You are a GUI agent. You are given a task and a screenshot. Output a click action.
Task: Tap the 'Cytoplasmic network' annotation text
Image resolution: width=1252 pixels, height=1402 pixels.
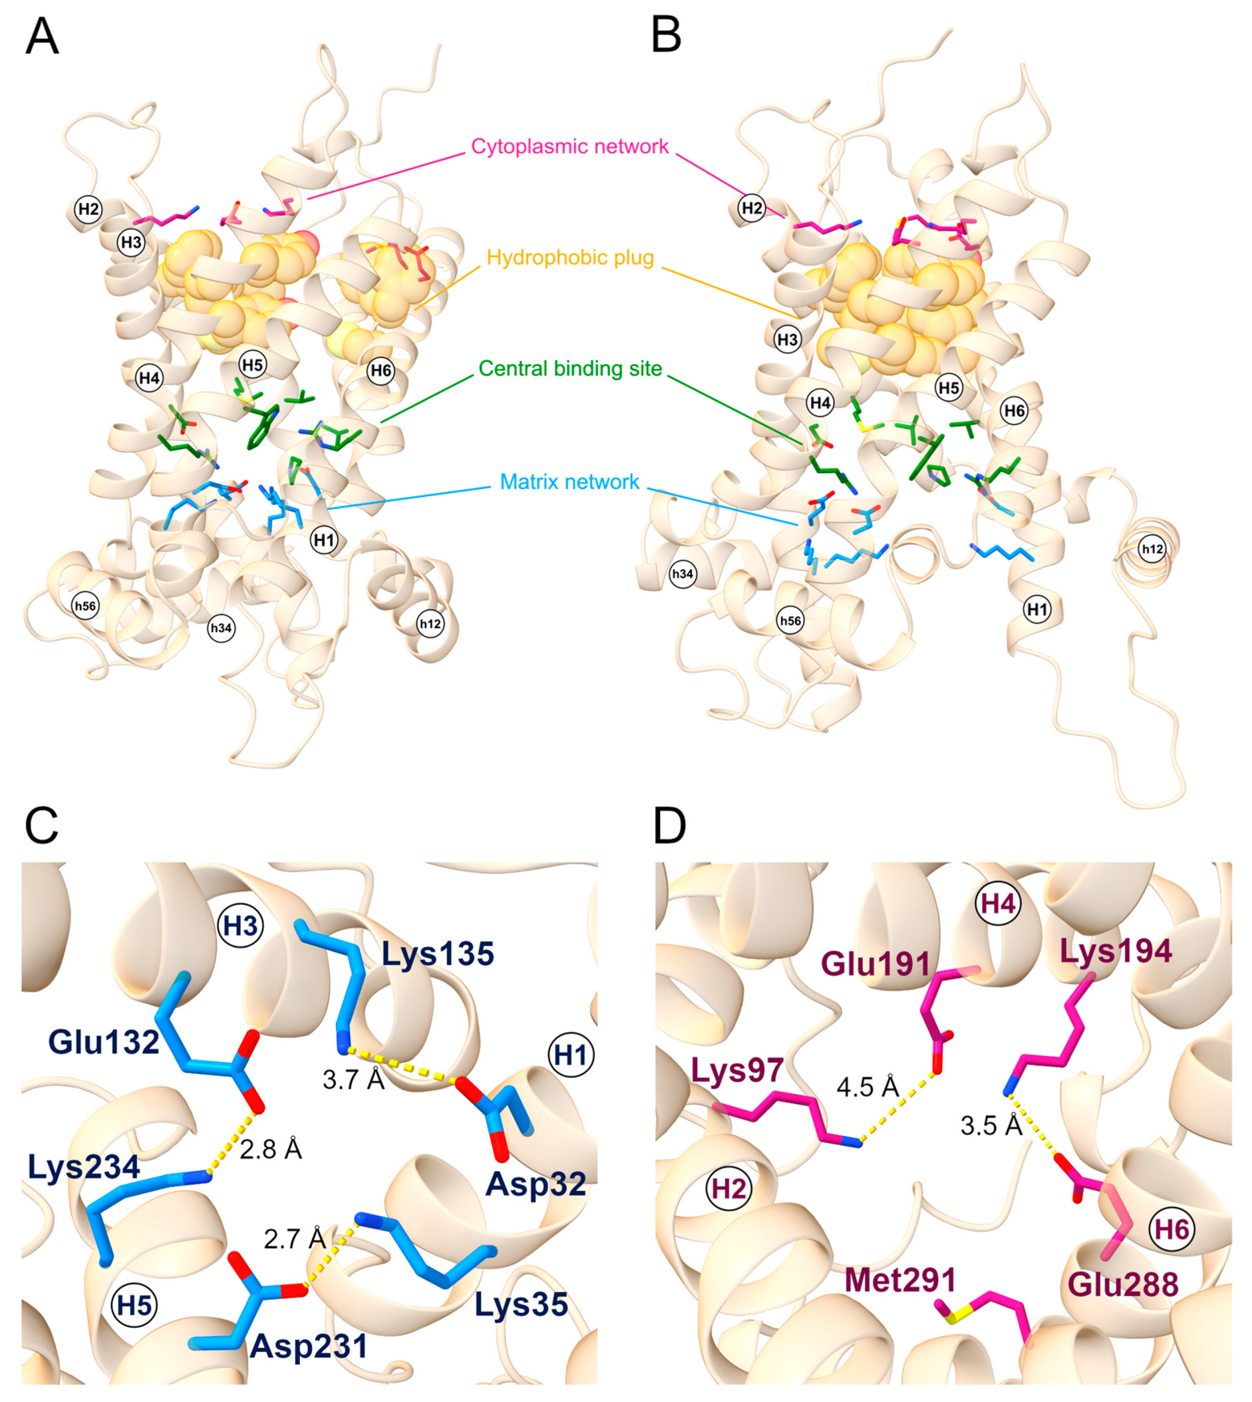click(570, 147)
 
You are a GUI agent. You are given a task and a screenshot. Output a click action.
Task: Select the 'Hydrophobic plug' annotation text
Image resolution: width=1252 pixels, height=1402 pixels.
click(570, 257)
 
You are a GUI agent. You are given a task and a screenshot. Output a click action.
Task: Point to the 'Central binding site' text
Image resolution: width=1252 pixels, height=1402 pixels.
click(570, 369)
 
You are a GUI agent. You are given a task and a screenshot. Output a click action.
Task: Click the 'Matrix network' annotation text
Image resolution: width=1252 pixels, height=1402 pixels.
click(570, 482)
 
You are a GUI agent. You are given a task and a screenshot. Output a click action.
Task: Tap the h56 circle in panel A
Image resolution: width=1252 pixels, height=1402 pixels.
click(85, 606)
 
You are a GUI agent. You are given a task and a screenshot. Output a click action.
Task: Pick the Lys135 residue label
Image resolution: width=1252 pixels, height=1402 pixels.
click(438, 954)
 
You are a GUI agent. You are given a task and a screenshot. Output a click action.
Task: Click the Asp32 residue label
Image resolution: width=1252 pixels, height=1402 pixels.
click(536, 1184)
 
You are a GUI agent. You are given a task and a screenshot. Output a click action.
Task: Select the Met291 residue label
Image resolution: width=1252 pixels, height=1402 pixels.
click(900, 1280)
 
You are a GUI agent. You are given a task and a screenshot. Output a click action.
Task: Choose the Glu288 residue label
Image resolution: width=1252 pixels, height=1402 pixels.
click(1123, 1284)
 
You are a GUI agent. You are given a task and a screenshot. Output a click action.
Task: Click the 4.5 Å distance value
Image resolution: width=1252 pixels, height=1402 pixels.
click(868, 1087)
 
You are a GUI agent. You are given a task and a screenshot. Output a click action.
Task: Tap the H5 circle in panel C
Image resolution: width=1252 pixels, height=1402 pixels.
click(134, 1305)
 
